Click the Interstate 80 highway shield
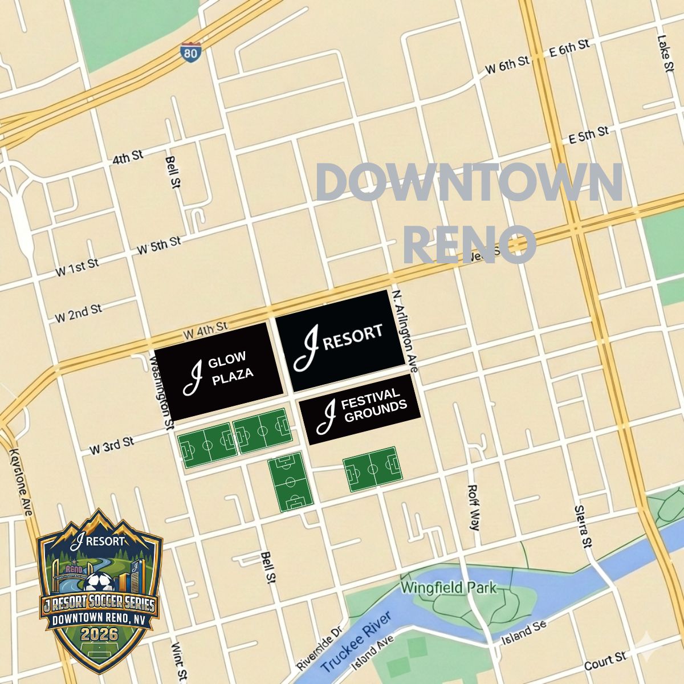pos(192,52)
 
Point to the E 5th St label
pos(589,136)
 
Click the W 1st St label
pos(77,267)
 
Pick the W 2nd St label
pos(79,313)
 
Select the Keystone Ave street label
pos(20,482)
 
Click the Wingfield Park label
pos(449,588)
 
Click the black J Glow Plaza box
pos(219,371)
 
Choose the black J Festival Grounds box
pos(360,409)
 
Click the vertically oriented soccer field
pos(290,481)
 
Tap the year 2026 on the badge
pos(99,634)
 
